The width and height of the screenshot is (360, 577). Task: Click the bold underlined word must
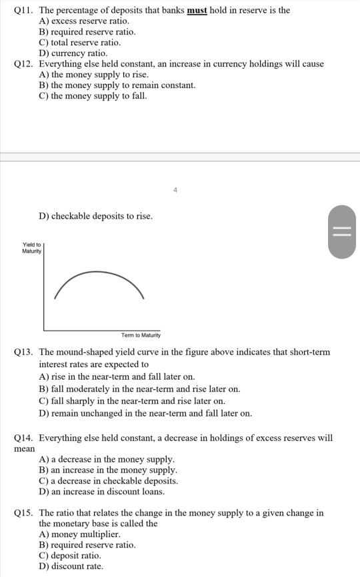(197, 11)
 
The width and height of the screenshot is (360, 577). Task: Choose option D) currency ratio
(73, 53)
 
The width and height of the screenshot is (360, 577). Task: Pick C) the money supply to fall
(93, 96)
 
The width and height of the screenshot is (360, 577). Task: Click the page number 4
(175, 190)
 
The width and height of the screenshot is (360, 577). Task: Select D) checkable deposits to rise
(96, 217)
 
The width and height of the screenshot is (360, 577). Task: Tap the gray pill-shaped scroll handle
(342, 230)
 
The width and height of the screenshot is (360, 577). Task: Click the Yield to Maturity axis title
(32, 248)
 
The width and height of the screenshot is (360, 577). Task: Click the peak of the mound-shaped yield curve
(99, 273)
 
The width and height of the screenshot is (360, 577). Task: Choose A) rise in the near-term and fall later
(117, 376)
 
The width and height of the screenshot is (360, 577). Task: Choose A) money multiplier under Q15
(79, 534)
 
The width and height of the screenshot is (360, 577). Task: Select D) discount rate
(71, 566)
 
